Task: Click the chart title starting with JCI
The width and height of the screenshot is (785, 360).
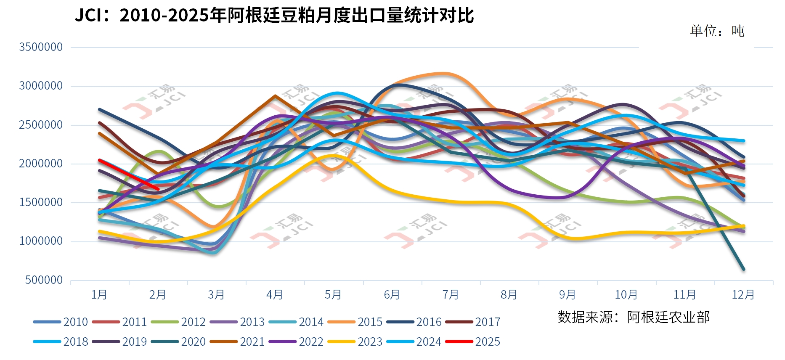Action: click(x=274, y=16)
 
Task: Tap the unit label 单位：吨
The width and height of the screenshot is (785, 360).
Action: click(x=717, y=31)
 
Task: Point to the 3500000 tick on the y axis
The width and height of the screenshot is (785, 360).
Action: click(x=41, y=47)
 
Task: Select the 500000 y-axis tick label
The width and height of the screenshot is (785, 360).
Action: click(x=44, y=280)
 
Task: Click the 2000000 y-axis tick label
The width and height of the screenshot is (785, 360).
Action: click(x=41, y=164)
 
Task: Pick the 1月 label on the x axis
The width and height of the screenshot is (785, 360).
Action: click(x=99, y=294)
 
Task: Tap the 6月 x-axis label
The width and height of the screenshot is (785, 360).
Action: click(x=392, y=294)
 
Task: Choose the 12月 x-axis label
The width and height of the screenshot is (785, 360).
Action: click(x=743, y=294)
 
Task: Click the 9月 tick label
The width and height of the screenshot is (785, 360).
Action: click(x=567, y=294)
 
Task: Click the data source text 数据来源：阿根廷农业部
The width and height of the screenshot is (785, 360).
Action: click(x=634, y=317)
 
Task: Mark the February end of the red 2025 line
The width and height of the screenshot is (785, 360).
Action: click(x=158, y=189)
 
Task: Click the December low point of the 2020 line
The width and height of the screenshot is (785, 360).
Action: click(x=743, y=269)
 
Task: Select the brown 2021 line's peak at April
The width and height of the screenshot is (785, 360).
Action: click(x=275, y=96)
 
